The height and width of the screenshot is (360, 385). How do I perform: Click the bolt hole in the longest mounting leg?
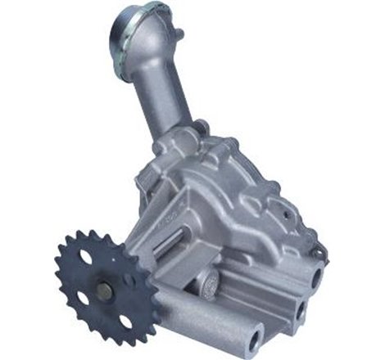(x=257, y=337)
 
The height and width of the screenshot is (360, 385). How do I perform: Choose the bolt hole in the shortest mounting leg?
(x=316, y=277)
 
